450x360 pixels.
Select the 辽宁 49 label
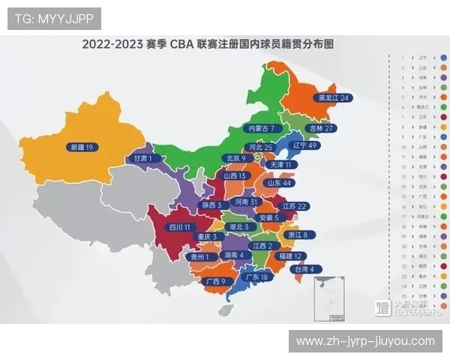pyautogui.click(x=304, y=145)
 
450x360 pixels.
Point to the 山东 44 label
pyautogui.click(x=276, y=183)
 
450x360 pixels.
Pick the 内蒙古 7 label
pyautogui.click(x=265, y=129)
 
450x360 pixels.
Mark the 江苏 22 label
pyautogui.click(x=292, y=205)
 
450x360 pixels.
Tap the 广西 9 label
pyautogui.click(x=214, y=281)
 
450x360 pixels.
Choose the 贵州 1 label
pyautogui.click(x=199, y=256)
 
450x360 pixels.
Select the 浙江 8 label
pyautogui.click(x=293, y=235)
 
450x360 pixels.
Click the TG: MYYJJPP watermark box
pyautogui.click(x=54, y=17)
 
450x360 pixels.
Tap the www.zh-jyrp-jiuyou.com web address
pyautogui.click(x=365, y=341)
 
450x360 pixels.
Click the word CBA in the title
pyautogui.click(x=184, y=44)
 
